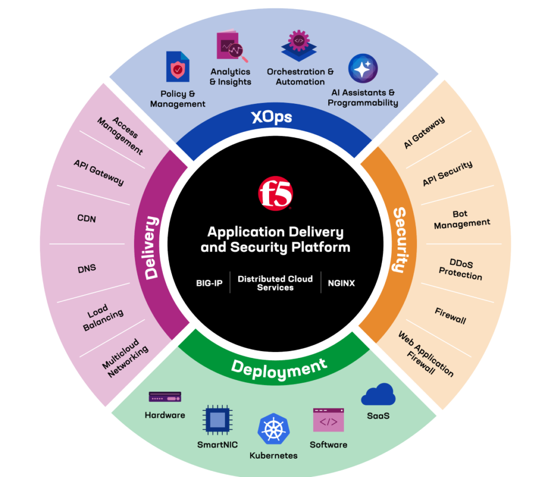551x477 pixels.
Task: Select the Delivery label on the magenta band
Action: (x=152, y=248)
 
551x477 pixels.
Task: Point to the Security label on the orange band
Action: (x=399, y=240)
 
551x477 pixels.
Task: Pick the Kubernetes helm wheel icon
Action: (x=273, y=429)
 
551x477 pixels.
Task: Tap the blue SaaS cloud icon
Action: (x=378, y=395)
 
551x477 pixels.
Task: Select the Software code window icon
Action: (x=328, y=420)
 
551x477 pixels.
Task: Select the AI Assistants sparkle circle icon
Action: (x=363, y=69)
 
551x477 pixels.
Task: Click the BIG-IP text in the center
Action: (x=209, y=283)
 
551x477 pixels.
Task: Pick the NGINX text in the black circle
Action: (x=341, y=283)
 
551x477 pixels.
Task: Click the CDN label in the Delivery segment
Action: (x=87, y=219)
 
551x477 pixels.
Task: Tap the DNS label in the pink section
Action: (x=87, y=268)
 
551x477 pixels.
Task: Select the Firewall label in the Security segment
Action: (x=450, y=317)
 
